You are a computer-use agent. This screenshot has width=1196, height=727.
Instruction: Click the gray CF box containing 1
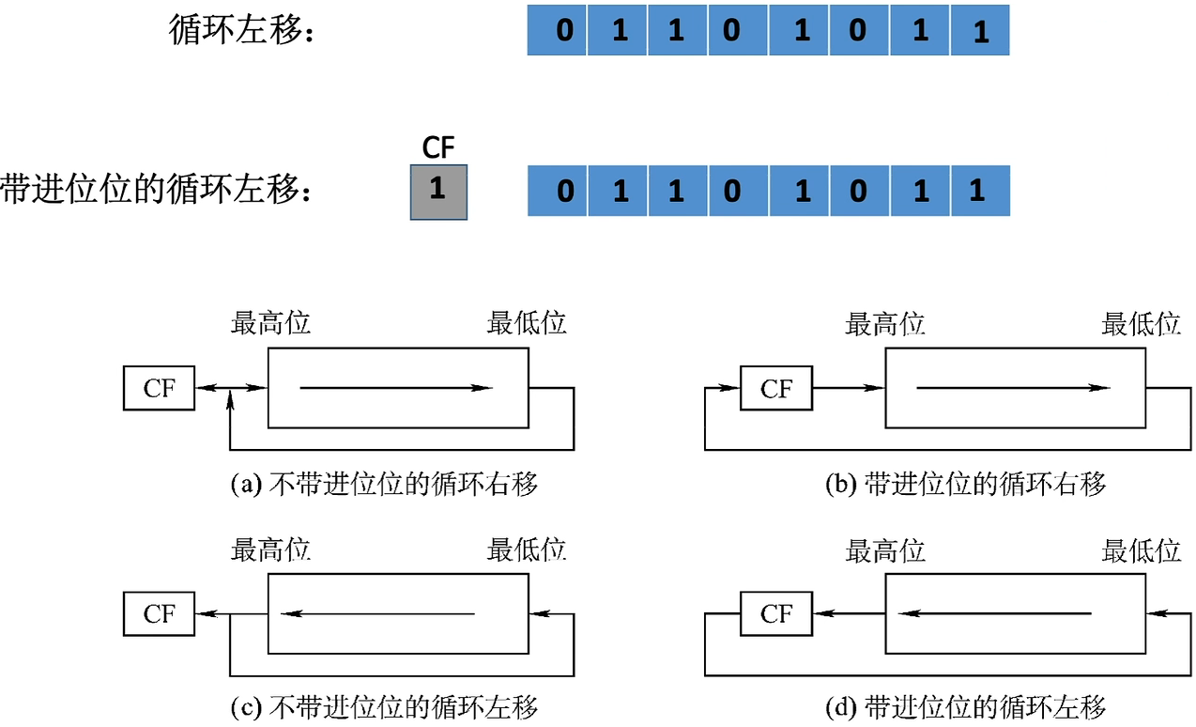438,192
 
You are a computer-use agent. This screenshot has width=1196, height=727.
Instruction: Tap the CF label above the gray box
438,149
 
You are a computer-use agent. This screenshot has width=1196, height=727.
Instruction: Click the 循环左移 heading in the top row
240,31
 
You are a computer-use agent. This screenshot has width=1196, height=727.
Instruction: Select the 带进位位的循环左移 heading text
156,190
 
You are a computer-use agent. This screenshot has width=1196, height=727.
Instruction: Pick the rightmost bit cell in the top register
980,30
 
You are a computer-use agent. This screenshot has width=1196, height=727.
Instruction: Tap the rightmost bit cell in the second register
980,192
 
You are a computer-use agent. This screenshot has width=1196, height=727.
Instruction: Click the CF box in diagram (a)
159,388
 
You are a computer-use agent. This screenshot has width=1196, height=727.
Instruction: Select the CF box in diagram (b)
775,388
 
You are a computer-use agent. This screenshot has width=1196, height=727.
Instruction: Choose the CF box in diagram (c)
159,614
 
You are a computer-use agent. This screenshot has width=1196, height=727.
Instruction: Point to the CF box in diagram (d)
775,614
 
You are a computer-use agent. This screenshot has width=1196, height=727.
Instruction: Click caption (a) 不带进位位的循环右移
385,485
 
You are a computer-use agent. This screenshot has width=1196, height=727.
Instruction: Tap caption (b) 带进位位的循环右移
965,485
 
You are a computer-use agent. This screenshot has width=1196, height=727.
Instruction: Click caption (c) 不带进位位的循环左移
385,706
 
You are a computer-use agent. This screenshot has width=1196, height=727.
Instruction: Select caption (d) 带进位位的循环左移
965,706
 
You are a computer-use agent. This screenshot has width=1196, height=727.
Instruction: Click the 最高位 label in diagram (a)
270,324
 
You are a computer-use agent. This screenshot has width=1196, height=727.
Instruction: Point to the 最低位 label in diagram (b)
1141,324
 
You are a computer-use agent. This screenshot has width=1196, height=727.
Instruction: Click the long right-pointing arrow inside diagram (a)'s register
394,387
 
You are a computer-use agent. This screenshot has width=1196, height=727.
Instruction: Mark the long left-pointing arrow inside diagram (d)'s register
995,614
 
